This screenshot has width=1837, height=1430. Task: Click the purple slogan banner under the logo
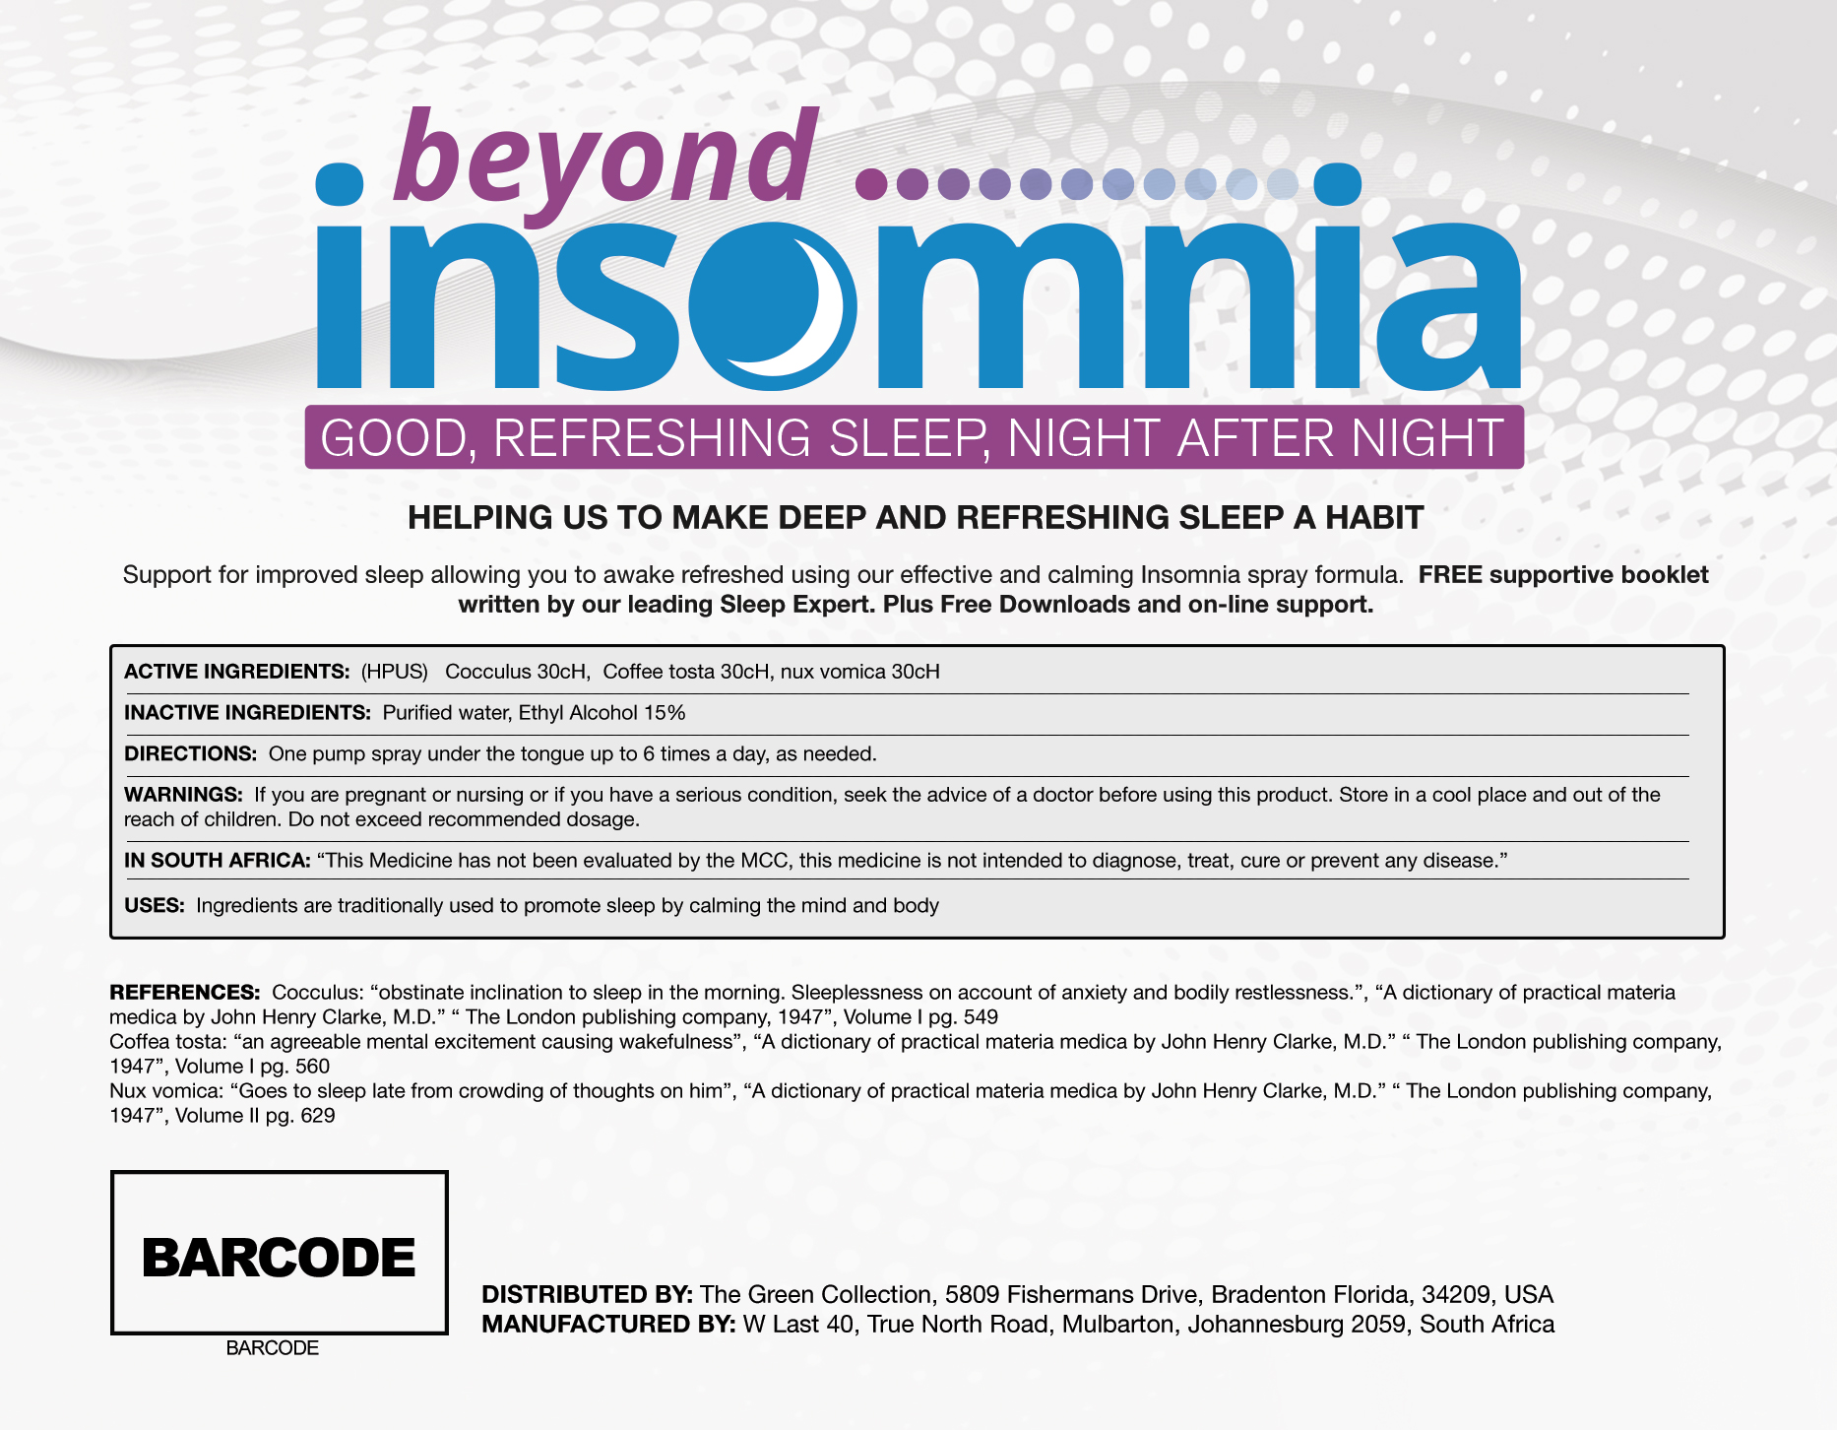point(914,437)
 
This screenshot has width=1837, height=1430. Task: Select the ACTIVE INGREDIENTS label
point(236,672)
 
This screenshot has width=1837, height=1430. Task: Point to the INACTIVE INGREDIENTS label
point(247,713)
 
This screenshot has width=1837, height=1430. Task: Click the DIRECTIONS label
point(190,754)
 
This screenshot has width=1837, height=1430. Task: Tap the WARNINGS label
point(183,795)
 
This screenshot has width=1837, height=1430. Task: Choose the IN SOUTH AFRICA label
point(217,861)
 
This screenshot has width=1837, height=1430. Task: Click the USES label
point(155,906)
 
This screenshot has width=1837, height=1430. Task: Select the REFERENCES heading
point(184,993)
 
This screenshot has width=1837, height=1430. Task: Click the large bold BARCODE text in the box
point(279,1258)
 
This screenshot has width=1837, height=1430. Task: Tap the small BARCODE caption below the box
point(273,1348)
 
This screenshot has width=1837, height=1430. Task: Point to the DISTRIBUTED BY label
point(587,1295)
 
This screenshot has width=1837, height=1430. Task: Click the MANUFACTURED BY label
point(608,1325)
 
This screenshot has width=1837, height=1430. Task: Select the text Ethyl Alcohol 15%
point(602,713)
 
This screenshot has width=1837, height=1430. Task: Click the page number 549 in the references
point(980,1017)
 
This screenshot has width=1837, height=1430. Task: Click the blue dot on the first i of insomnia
point(340,184)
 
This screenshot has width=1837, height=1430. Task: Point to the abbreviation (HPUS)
point(395,672)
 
